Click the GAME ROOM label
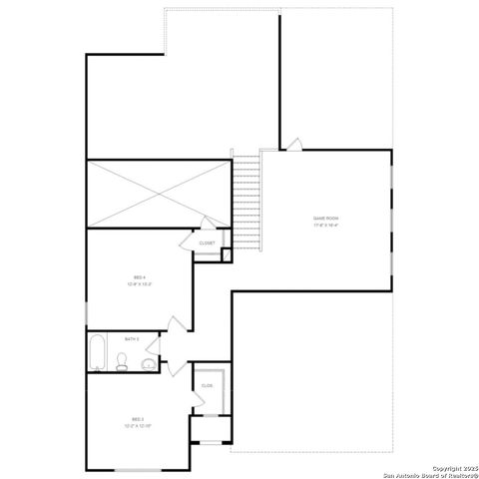click(x=326, y=218)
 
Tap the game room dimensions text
click(x=326, y=226)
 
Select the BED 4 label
click(x=140, y=276)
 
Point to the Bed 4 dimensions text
click(x=140, y=284)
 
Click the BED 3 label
click(x=138, y=418)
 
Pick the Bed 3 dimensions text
click(x=138, y=426)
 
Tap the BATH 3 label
click(x=132, y=339)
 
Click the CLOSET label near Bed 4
click(x=207, y=242)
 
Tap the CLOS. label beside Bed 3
click(x=208, y=385)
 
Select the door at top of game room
click(x=293, y=145)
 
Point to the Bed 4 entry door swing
click(x=177, y=324)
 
